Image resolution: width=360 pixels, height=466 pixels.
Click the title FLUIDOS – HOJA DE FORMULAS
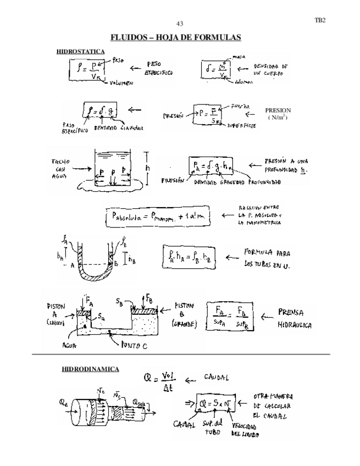(176, 37)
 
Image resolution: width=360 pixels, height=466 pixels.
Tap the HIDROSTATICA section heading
(80, 51)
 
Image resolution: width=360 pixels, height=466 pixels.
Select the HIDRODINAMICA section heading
(90, 369)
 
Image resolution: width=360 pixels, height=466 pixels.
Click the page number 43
(179, 24)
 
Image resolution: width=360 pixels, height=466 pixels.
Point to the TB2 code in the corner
(319, 20)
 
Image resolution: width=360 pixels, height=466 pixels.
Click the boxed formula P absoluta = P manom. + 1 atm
(158, 217)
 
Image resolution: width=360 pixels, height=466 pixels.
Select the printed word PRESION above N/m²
(278, 110)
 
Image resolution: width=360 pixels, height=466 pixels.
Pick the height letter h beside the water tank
(147, 168)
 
